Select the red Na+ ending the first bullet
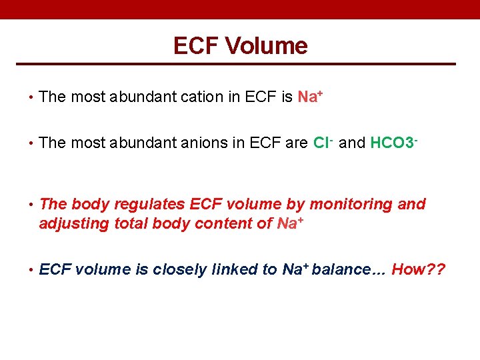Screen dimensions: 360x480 310,97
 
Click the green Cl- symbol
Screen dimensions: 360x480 323,143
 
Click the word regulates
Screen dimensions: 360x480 154,204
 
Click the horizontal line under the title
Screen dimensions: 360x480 240,64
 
